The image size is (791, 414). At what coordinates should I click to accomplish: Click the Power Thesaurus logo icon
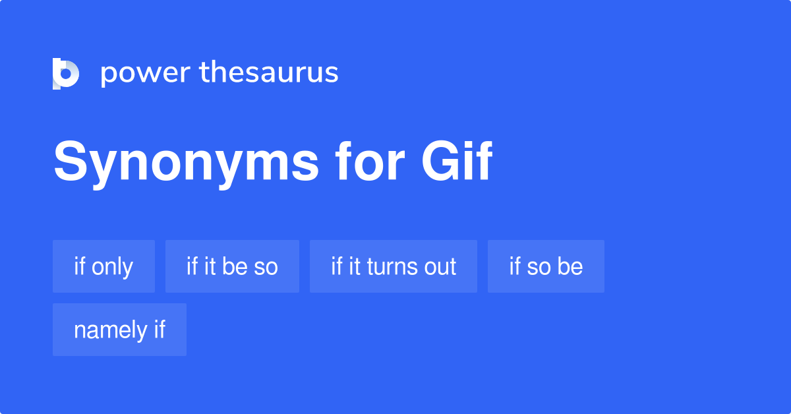66,73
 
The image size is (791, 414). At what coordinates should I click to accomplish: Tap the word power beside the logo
145,73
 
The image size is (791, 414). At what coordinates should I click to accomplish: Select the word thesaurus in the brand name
269,73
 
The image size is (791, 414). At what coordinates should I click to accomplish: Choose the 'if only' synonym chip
103,266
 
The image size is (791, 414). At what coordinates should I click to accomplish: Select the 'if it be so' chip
232,266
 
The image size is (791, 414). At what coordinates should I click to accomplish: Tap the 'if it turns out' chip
394,266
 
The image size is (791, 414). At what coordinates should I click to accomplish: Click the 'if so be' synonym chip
546,266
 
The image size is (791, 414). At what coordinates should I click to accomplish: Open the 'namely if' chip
119,330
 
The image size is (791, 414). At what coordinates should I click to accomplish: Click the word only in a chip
112,266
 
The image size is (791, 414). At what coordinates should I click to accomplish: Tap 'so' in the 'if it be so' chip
266,267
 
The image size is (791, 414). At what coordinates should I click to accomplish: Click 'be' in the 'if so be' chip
570,266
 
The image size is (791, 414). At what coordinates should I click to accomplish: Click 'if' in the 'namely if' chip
160,330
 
